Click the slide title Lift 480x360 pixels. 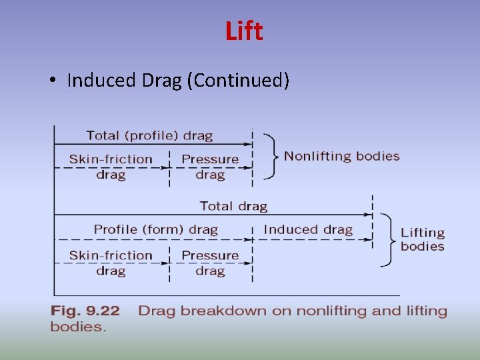coord(244,31)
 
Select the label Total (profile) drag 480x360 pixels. coord(149,135)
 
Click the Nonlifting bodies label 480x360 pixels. coord(341,156)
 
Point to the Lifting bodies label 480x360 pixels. coord(422,239)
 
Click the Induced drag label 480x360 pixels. coord(308,230)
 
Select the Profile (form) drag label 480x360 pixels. coord(155,230)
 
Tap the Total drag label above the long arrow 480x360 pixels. coord(233,206)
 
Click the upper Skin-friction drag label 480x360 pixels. coord(111,167)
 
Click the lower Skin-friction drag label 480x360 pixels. coord(111,263)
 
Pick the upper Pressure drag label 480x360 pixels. coord(210,167)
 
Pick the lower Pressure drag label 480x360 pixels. coord(210,263)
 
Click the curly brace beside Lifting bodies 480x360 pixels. coord(388,239)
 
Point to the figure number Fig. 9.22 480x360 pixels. coord(85,311)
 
